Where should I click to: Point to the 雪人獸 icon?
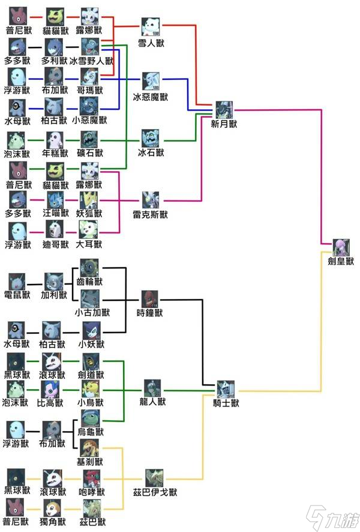pyautogui.click(x=151, y=27)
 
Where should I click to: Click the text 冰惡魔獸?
pyautogui.click(x=151, y=97)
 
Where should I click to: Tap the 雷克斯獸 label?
pyautogui.click(x=151, y=213)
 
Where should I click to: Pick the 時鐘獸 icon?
pyautogui.click(x=151, y=298)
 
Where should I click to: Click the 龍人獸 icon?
pyautogui.click(x=152, y=388)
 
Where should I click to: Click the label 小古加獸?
pyautogui.click(x=91, y=312)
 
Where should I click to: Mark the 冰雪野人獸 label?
pyautogui.click(x=91, y=61)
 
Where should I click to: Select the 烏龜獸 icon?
pyautogui.click(x=90, y=418)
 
